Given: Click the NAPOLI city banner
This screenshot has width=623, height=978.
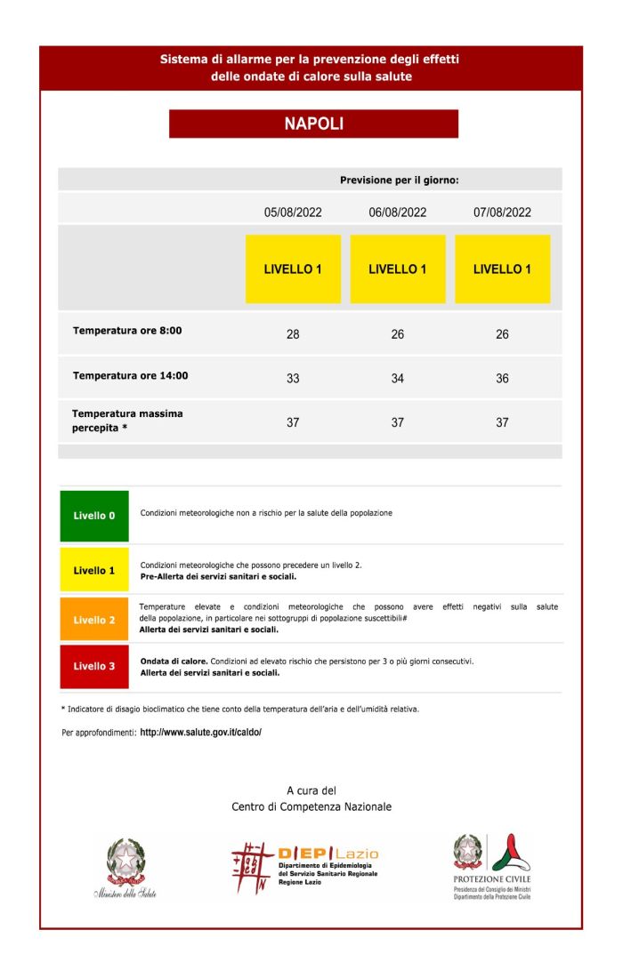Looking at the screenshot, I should [x=313, y=124].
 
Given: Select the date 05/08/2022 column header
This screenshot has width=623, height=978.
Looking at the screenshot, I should [x=293, y=212].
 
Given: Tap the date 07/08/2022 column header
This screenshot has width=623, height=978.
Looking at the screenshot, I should [x=502, y=212].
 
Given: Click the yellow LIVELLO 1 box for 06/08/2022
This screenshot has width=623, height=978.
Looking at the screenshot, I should [x=398, y=269].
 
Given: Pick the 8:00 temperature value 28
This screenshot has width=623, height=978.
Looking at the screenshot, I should [x=293, y=334].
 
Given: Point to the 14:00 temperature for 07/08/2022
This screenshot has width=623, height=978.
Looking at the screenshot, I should [x=502, y=379].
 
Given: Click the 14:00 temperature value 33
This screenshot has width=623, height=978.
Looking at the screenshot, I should [x=293, y=379].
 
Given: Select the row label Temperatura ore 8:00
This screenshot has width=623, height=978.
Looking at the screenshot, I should [x=127, y=331].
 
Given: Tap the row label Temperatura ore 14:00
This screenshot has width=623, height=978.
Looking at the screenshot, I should [x=131, y=375].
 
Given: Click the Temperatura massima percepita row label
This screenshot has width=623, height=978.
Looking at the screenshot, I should [x=127, y=421].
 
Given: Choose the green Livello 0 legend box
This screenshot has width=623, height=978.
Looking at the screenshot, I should [x=94, y=516].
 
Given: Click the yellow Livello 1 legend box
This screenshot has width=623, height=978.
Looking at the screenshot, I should [x=94, y=570].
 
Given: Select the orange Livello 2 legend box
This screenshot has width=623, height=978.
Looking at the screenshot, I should [x=94, y=620].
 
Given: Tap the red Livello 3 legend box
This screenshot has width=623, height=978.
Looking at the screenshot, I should [x=94, y=666].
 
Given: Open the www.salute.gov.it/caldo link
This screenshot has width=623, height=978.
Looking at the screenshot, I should [x=201, y=733].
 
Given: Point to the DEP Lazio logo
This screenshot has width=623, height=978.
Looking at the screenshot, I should [x=304, y=867].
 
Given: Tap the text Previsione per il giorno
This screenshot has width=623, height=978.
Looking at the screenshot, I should [x=399, y=180].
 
